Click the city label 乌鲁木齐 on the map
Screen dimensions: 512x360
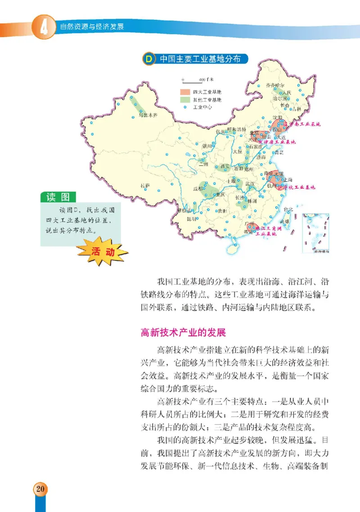(148, 115)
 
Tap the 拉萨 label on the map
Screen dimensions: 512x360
(144, 185)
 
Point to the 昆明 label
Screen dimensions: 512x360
(180, 219)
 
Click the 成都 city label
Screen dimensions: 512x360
(198, 189)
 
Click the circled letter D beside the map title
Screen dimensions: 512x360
(147, 59)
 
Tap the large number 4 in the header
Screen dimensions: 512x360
(44, 27)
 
